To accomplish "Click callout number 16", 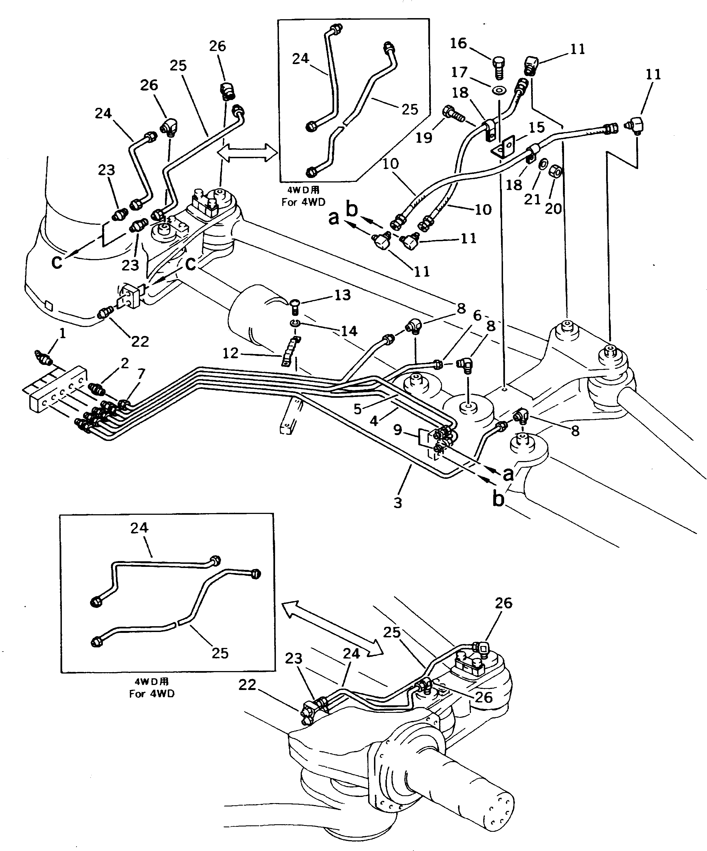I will [458, 43].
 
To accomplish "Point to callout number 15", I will [536, 128].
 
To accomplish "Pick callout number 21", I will [532, 199].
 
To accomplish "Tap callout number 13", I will [342, 295].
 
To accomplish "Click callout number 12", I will [230, 353].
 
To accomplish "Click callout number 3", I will [398, 503].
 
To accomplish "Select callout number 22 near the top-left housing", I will [140, 342].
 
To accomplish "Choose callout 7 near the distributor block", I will [141, 374].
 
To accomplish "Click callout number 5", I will [357, 409].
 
